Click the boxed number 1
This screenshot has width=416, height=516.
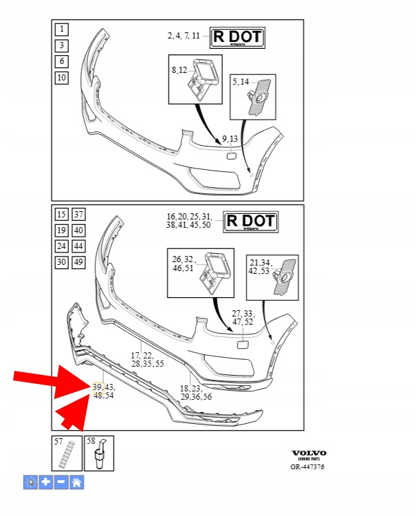(61, 30)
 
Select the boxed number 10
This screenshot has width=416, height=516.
(61, 78)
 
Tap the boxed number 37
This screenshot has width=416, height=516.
(78, 215)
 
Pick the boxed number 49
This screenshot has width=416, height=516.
(78, 262)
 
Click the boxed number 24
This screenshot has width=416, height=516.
(61, 246)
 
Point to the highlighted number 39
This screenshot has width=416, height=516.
(98, 387)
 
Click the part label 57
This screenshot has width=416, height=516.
(58, 441)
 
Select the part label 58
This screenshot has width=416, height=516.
(91, 440)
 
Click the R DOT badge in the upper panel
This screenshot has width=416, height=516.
(237, 38)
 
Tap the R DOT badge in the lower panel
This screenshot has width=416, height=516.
(250, 222)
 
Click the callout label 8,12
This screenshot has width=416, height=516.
(179, 70)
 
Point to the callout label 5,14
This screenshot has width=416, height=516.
(241, 82)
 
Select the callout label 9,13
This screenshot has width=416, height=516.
(230, 139)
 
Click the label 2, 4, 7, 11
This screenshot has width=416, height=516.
(184, 36)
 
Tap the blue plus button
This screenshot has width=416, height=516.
(45, 482)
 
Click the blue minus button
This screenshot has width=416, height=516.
(61, 482)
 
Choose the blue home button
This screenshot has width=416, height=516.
(76, 482)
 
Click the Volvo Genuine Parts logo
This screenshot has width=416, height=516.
(309, 455)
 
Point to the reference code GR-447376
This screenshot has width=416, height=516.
(307, 466)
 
